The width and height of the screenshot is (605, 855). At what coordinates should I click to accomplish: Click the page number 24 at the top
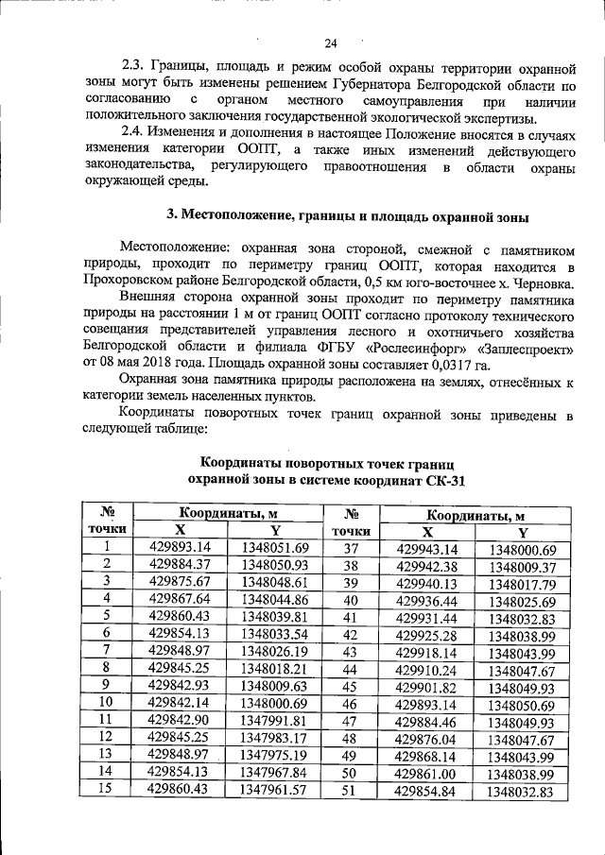point(330,43)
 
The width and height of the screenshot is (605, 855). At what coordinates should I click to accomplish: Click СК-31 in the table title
point(443,481)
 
